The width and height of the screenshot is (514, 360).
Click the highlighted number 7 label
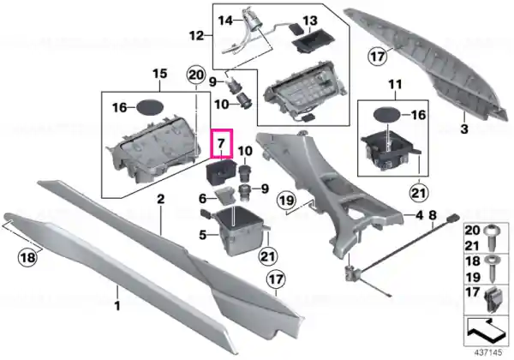click(221, 143)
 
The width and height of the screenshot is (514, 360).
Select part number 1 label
click(117, 306)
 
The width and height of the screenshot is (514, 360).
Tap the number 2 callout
click(161, 199)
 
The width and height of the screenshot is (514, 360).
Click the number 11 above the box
click(395, 85)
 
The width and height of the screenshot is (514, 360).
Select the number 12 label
click(196, 35)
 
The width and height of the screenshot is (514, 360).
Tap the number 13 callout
click(310, 21)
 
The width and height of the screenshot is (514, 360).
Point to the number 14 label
click(225, 21)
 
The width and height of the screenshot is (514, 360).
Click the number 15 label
click(160, 74)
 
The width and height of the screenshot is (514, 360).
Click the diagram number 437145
click(488, 352)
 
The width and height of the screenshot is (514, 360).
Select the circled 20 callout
click(196, 75)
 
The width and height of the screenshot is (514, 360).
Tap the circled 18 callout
click(27, 257)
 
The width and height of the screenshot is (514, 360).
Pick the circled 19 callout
click(286, 200)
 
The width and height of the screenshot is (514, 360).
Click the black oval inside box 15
click(149, 106)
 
